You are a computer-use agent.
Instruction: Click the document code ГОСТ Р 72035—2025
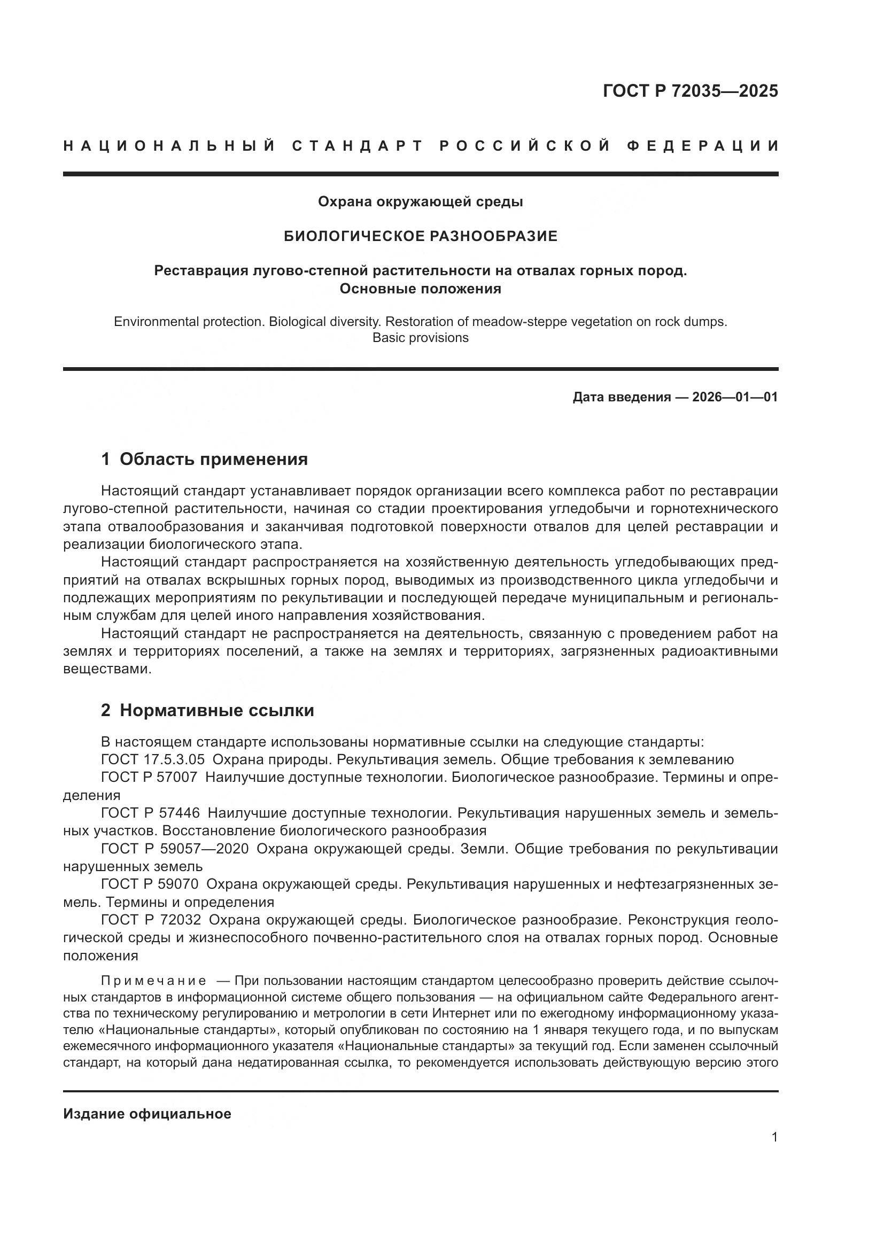tap(690, 91)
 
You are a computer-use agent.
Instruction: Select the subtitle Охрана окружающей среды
tap(420, 202)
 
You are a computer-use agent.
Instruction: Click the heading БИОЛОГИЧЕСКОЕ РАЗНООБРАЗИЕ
tap(420, 236)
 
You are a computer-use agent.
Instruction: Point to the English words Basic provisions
tap(420, 338)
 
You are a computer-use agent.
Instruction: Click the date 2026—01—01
tap(735, 397)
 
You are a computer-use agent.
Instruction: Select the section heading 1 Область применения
tap(204, 459)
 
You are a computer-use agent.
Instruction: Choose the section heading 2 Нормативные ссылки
tap(207, 710)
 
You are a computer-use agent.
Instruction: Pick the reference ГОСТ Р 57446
tap(150, 813)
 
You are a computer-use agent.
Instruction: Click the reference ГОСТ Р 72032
tap(151, 920)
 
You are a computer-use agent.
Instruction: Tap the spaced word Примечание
tap(153, 981)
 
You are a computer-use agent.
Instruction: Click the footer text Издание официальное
tap(147, 1114)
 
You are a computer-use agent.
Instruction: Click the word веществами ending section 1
tap(107, 669)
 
